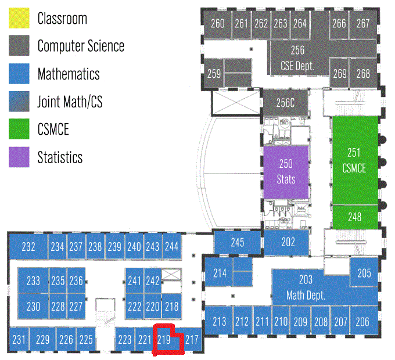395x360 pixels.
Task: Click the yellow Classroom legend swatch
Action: coord(19,18)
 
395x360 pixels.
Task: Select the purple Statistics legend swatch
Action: coord(19,157)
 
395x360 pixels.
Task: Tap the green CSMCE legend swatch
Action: coord(19,129)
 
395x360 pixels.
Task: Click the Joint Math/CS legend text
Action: coord(70,102)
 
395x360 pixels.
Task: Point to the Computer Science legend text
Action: coord(81,46)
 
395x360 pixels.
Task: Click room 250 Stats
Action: coord(286,171)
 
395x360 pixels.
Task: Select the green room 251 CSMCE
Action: coord(354,160)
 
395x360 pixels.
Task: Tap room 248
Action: coord(354,217)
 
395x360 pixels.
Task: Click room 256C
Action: coord(286,103)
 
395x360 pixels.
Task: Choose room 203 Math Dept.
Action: coord(306,287)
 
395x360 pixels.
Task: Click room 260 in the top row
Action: coord(218,24)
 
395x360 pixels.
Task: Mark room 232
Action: coord(28,247)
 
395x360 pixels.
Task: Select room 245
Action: coord(238,243)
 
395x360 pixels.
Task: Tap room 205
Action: coord(364,273)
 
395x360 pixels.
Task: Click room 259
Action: coord(214,74)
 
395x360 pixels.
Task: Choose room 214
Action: coord(220,273)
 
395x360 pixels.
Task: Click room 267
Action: coord(363,24)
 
